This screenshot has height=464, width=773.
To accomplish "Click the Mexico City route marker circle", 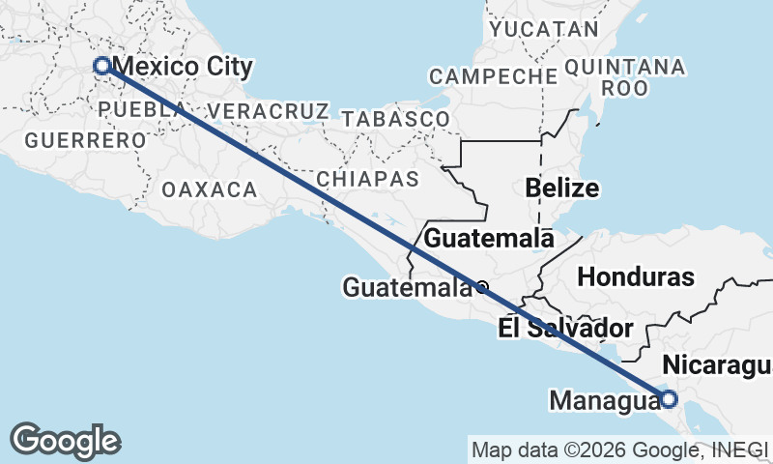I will coord(101,66).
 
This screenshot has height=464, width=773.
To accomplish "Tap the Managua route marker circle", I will coord(668,397).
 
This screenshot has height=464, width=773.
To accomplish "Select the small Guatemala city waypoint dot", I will coord(481,286).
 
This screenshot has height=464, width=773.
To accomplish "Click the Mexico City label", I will coord(183,68).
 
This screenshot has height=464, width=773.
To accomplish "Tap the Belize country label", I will coord(562,188).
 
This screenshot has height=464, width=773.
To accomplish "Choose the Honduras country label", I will coord(636,276).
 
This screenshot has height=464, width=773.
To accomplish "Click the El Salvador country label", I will coord(566,328).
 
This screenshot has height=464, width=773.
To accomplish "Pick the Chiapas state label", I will coord(368,179).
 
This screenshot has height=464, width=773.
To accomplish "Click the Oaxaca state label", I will coord(210,189).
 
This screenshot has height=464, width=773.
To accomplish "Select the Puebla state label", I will coord(141,109).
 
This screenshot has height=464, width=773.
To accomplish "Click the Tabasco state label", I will coord(395,119).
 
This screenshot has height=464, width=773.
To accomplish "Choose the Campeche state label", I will coord(488,75).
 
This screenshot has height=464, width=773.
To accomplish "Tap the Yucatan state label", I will coord(544,29).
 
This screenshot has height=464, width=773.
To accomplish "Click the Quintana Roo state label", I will coord(624,76).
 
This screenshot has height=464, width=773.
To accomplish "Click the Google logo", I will coord(65,441).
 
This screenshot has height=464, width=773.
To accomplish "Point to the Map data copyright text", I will coord(619,449).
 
